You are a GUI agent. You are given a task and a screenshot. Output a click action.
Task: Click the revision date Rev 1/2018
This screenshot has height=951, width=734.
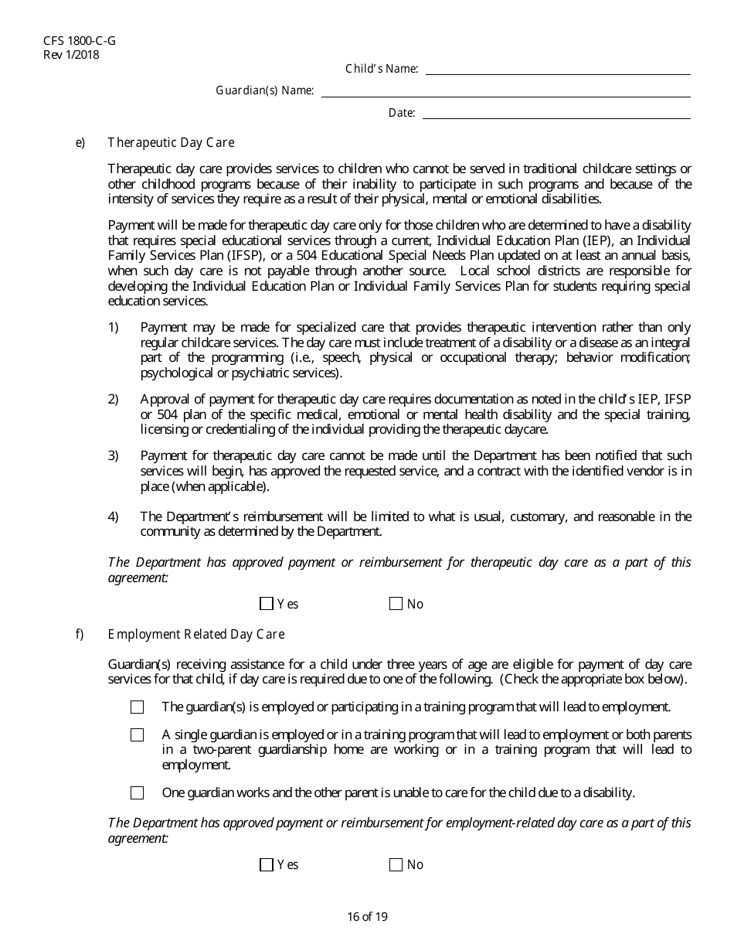72,54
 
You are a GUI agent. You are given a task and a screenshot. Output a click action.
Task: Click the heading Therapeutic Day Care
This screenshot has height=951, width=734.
171,142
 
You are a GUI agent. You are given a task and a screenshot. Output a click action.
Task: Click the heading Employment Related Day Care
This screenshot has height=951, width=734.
196,634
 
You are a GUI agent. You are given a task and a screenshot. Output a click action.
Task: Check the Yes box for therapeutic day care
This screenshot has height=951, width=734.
267,604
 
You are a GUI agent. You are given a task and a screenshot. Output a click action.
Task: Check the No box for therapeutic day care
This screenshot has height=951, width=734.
396,604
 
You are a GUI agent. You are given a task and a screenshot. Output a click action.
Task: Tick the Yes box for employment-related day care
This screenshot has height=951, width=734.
267,864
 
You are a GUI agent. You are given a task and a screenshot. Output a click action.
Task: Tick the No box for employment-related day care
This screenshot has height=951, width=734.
396,864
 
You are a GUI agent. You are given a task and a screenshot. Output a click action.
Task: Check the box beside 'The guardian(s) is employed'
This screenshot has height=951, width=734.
138,707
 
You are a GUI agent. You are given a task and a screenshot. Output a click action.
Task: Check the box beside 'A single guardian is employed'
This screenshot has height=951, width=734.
138,735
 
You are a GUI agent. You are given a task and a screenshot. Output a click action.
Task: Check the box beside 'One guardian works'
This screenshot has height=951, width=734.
138,792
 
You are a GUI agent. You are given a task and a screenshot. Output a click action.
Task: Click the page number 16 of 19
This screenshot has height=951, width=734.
367,917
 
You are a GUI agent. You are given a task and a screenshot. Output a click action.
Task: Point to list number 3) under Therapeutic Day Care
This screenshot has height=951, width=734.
113,455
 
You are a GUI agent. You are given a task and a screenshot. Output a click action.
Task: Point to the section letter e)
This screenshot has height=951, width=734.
80,142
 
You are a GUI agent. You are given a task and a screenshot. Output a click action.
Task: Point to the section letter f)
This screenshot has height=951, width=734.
79,634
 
